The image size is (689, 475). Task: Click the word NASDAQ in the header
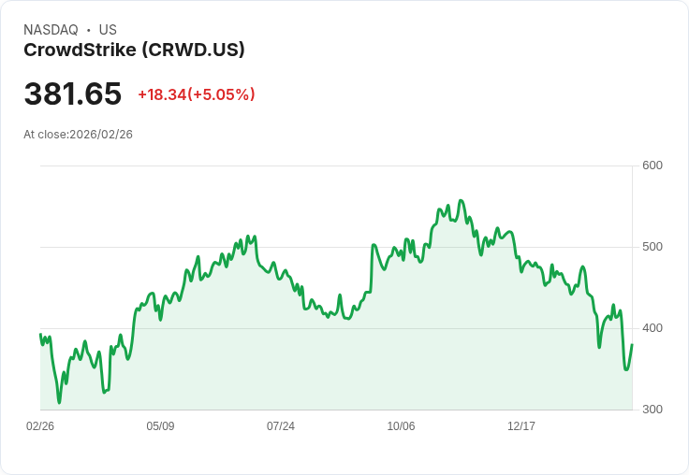(x=51, y=30)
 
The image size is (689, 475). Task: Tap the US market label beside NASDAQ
(x=108, y=30)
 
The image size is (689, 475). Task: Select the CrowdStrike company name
(x=80, y=50)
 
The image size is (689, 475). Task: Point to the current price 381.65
(x=73, y=94)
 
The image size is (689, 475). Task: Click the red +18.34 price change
(x=162, y=94)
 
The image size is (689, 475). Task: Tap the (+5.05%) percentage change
(x=222, y=94)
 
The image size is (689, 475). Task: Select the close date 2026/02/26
(x=101, y=135)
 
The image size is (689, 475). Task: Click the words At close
(x=45, y=135)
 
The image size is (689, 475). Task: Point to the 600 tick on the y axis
(x=652, y=166)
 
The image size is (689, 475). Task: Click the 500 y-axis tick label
(x=652, y=247)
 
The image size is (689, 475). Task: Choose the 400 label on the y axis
(x=652, y=328)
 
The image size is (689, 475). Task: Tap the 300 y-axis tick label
(x=652, y=410)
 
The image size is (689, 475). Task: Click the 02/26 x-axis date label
(x=40, y=426)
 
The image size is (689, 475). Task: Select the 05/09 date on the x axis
(x=160, y=426)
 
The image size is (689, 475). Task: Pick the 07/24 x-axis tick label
(x=281, y=426)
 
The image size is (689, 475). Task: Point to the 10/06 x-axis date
(x=401, y=426)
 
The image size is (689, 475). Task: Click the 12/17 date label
(x=521, y=426)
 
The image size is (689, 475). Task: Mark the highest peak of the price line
(x=461, y=200)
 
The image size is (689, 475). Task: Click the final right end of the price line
(x=632, y=345)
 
